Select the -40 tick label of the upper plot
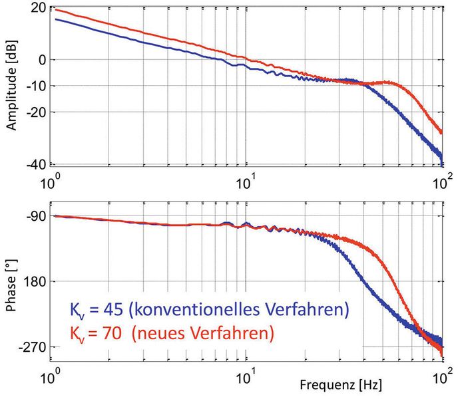[35, 164]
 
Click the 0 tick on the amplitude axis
[41, 60]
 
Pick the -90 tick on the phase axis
[35, 216]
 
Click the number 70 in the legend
[109, 331]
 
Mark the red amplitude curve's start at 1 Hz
[55, 9]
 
